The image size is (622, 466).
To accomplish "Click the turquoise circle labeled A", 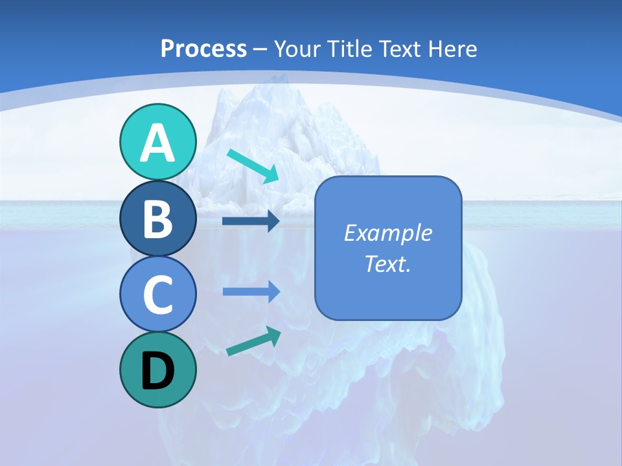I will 157,142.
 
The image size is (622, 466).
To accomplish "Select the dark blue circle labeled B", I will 157,218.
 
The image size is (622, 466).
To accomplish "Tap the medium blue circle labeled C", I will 157,294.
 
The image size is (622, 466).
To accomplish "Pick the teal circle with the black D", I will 157,370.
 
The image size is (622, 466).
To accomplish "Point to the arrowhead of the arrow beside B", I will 273,221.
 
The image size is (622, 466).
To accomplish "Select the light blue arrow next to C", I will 251,292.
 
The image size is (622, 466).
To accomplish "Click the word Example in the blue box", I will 387,233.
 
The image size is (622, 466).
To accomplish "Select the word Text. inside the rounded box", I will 387,264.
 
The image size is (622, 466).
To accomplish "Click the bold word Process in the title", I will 203,49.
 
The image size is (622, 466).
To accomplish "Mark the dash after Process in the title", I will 260,49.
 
